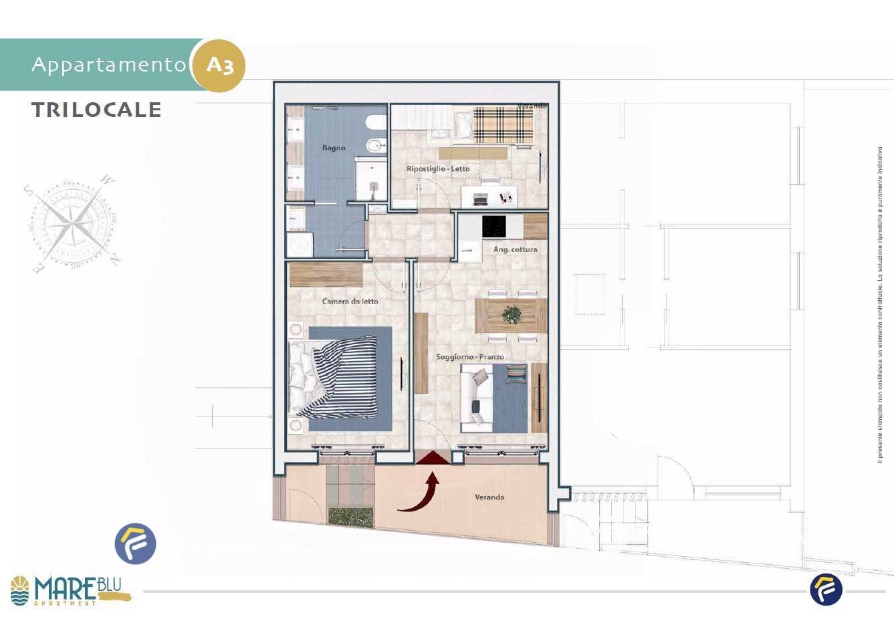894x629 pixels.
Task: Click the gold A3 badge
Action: pyautogui.click(x=219, y=66)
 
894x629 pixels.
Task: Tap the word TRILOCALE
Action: pyautogui.click(x=96, y=110)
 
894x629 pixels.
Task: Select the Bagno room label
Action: pyautogui.click(x=334, y=148)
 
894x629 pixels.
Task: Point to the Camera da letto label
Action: pyautogui.click(x=350, y=301)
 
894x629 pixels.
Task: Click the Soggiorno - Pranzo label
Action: pyautogui.click(x=470, y=357)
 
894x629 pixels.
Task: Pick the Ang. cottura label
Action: pyautogui.click(x=515, y=249)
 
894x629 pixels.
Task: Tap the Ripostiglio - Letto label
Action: pyautogui.click(x=438, y=169)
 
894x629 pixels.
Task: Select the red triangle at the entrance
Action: pyautogui.click(x=433, y=457)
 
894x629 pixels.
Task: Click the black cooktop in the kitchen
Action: pyautogui.click(x=502, y=227)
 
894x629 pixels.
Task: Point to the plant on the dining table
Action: pyautogui.click(x=512, y=314)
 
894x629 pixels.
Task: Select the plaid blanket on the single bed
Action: pyautogui.click(x=503, y=124)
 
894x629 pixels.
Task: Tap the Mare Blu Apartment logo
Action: pyautogui.click(x=70, y=590)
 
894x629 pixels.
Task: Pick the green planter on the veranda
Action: pyautogui.click(x=350, y=517)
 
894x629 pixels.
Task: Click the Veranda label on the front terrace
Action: pyautogui.click(x=489, y=497)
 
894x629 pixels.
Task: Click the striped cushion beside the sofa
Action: pyautogui.click(x=516, y=374)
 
